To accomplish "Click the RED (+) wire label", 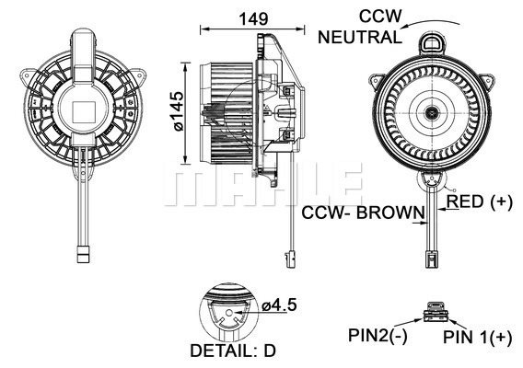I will [x=479, y=201].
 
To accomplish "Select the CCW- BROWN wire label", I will [x=363, y=213].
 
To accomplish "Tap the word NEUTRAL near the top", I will [x=358, y=38].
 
